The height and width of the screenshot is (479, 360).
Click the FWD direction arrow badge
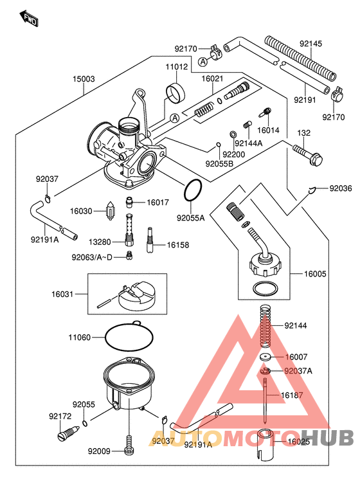30,19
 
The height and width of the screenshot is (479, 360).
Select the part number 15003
84,79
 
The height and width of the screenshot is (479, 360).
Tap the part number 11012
177,67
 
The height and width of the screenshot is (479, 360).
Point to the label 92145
311,44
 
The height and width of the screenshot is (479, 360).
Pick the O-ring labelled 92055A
194,190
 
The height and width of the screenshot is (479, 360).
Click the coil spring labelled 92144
265,328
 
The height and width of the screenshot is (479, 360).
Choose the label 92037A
298,371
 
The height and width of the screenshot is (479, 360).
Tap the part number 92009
100,451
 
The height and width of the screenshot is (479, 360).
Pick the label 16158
179,245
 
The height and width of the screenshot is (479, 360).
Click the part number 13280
100,242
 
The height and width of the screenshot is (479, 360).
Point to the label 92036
341,188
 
